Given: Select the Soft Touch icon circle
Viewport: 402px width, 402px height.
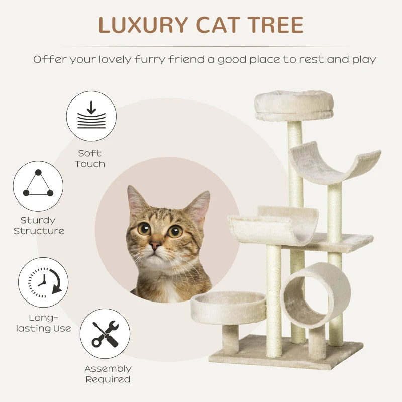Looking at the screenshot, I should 91,116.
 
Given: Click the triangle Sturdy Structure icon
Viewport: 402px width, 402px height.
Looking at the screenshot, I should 38,185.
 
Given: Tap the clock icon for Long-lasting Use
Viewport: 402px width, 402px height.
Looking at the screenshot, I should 43,282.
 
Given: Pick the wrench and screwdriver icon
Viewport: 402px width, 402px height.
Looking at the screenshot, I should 105,334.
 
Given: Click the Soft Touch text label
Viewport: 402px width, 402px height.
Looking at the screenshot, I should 90,159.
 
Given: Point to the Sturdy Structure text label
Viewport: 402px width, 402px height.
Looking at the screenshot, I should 39,226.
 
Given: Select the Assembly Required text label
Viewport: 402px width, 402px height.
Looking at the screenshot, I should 108,374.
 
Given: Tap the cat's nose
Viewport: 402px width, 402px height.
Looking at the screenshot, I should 155,245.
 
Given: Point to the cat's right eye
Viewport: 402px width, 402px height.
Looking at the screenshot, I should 175,231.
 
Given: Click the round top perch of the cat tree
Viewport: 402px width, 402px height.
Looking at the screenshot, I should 293,105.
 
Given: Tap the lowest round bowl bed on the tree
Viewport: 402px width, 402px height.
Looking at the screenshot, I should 228,307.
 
